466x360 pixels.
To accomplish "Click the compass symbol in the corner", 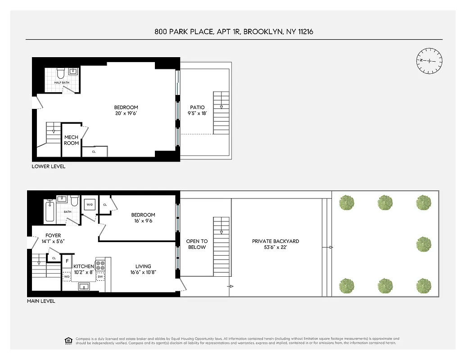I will point(429,61).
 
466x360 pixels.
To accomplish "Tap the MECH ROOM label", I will point(71,140).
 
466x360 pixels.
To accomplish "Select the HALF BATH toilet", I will point(61,72).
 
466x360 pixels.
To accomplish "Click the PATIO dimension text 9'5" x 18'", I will point(197,113).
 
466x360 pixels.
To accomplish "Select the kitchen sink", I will point(83,286).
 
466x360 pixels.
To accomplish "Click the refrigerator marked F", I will point(67,261).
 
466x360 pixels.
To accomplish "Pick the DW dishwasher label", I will point(100,276).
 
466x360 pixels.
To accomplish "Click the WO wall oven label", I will point(67,276).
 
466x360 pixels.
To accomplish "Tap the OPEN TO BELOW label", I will point(197,244).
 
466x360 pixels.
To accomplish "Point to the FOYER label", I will point(53,235).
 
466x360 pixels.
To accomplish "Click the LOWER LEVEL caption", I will point(48,166).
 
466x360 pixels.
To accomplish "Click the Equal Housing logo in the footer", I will point(69,340).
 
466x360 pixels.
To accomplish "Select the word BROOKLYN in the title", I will point(262,31).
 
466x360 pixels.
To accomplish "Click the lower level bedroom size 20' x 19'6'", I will point(126,113).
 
